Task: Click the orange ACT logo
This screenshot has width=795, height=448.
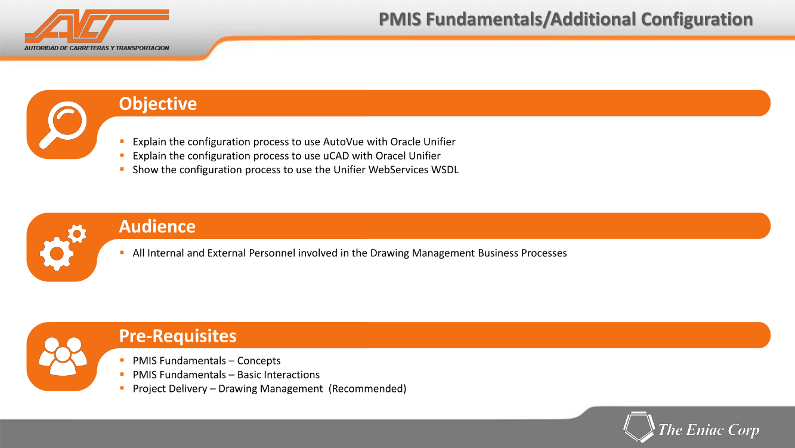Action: click(97, 26)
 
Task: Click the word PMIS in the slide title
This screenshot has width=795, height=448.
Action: click(400, 19)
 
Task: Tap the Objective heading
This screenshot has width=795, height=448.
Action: click(158, 104)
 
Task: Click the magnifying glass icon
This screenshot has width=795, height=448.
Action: click(63, 125)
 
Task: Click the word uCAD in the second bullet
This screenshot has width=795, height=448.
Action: click(336, 156)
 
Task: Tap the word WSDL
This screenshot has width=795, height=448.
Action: click(445, 170)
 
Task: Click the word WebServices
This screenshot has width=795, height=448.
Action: click(398, 170)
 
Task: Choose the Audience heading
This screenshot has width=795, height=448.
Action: click(157, 226)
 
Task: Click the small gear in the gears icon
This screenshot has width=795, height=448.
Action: click(77, 234)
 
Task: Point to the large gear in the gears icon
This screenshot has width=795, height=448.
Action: click(57, 253)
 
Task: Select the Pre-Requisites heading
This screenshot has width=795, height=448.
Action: click(178, 336)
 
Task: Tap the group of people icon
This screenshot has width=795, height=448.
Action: click(63, 356)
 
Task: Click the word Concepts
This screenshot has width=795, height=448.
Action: click(259, 361)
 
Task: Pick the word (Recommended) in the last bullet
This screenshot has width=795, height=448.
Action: click(367, 389)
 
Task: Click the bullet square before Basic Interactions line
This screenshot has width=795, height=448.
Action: click(122, 374)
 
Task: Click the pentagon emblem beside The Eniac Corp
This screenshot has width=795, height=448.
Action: click(639, 426)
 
